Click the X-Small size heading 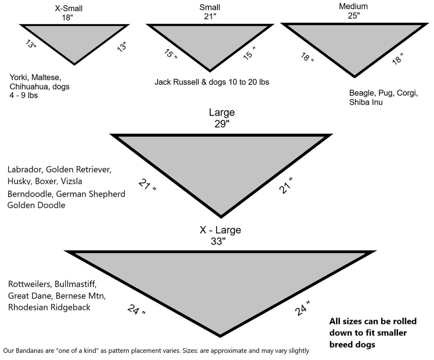(x=69, y=8)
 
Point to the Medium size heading (x=353, y=6)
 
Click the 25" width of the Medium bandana (x=353, y=16)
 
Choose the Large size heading (x=221, y=113)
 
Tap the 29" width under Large (x=221, y=124)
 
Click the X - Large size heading (x=220, y=230)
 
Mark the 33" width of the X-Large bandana (x=220, y=241)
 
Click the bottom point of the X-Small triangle (x=74, y=64)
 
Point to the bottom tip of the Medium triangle (x=355, y=77)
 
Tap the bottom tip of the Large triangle (x=221, y=216)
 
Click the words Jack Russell (x=175, y=82)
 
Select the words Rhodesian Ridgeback (x=49, y=307)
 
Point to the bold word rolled (x=401, y=321)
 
